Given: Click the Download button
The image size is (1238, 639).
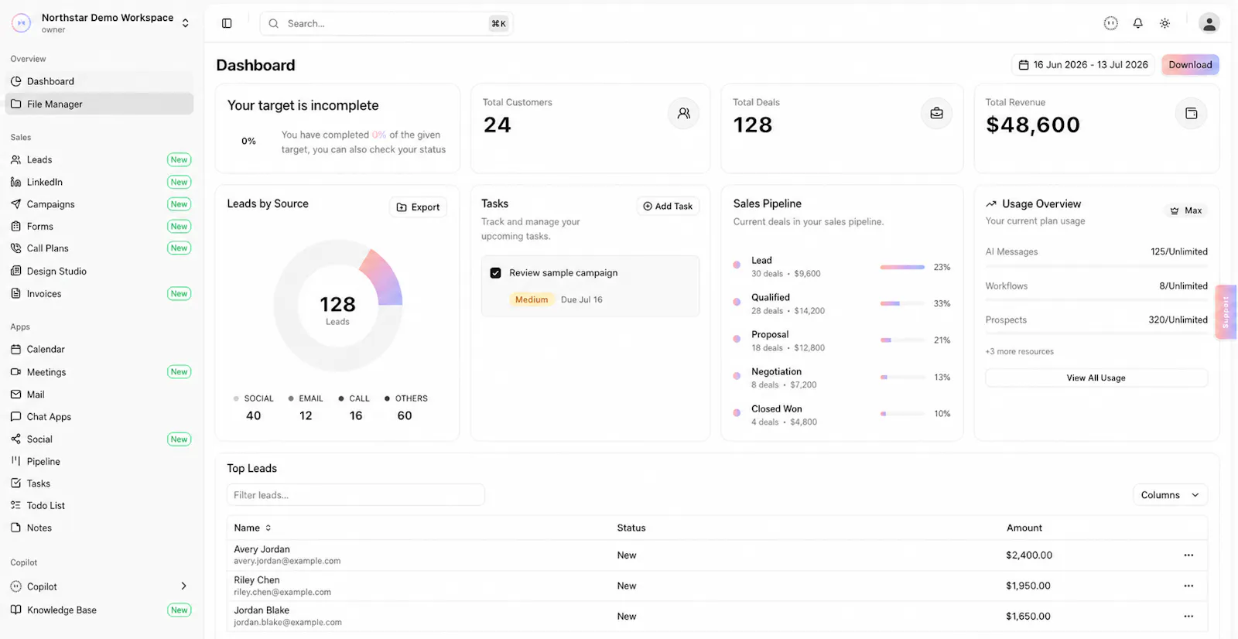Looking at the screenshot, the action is coord(1190,65).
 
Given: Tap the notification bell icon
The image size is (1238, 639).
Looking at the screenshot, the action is coord(1137,23).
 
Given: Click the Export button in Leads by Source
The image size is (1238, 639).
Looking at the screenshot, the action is coord(418,207).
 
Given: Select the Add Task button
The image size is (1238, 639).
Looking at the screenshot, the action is coord(668,207).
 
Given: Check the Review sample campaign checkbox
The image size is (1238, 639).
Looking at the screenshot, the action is coord(495,273).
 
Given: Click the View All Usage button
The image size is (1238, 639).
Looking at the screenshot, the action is coord(1096,378).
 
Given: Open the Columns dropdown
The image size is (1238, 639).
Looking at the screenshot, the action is coord(1170,495).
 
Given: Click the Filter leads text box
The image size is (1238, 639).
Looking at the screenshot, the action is coord(355,495).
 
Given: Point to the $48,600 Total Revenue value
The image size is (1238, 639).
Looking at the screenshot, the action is coord(1032,125).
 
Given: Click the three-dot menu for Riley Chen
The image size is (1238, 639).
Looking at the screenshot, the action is coord(1188,586).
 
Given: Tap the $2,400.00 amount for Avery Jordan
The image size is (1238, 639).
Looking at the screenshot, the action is coord(1028,555).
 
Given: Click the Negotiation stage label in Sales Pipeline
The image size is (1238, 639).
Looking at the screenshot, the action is coord(776,371).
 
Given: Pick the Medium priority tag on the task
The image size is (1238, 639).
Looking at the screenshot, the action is coord(531,299).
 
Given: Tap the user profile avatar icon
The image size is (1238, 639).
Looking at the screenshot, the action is coord(1209,23).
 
